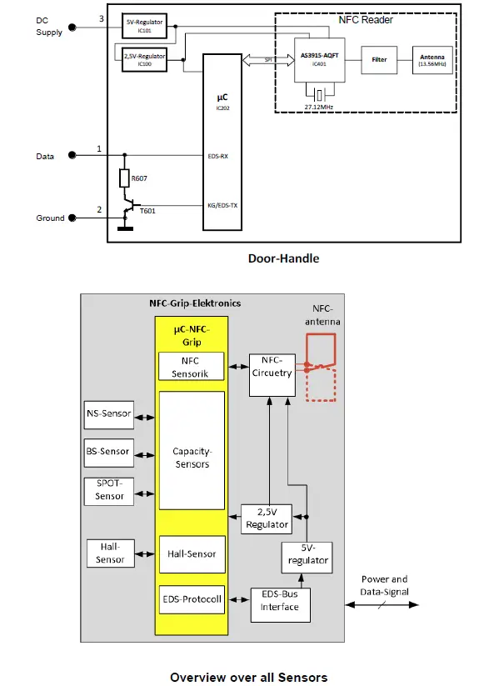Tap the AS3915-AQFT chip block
[320, 60]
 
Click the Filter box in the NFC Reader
[379, 60]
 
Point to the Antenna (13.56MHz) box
[433, 60]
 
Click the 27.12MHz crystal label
[319, 108]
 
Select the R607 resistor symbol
[124, 178]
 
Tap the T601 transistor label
[147, 211]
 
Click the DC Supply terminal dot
[72, 27]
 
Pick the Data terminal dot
[72, 155]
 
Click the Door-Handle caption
[283, 258]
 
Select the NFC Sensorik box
[192, 367]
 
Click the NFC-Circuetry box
[271, 367]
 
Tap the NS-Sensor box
[108, 413]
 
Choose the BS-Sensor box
[108, 451]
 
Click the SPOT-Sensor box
[108, 490]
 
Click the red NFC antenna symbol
[321, 367]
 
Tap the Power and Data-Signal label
[384, 586]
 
